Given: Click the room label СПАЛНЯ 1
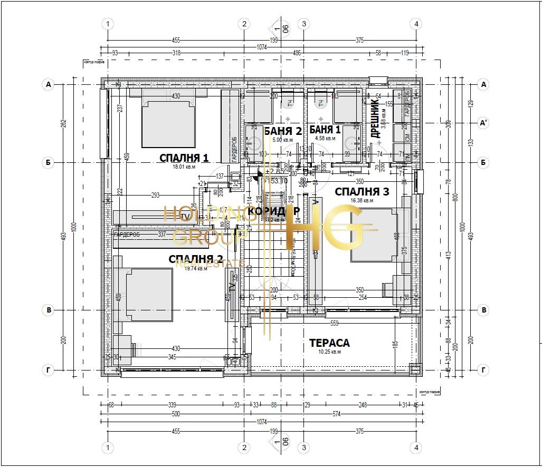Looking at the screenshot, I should pos(184,158).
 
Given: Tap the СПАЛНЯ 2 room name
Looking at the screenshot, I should pos(195,259).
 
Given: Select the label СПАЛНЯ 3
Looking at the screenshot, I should pos(362,191).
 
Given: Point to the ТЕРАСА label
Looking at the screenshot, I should pos(329,343).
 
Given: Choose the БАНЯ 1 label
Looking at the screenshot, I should pos(325,130).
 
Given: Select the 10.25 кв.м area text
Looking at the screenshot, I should pos(330,352).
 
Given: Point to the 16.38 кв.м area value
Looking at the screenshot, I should pos(362,200).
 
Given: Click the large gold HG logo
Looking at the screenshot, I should pos(327,228).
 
